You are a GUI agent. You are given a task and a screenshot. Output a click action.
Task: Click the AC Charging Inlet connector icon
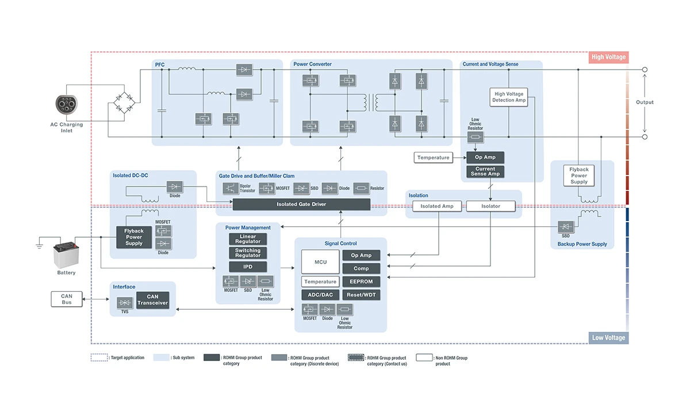[68, 105]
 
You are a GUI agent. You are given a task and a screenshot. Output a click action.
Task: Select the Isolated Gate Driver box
[301, 205]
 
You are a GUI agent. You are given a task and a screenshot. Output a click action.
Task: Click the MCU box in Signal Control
[320, 262]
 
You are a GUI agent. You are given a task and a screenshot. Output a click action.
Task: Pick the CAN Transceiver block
[152, 300]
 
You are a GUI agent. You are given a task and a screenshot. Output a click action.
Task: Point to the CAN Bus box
[67, 299]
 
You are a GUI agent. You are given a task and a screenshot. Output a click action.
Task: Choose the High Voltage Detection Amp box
[509, 97]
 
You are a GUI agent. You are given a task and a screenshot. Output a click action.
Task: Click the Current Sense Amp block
[485, 172]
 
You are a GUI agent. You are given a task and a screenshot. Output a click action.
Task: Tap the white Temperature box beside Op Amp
[434, 157]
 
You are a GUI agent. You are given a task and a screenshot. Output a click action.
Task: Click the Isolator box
[490, 206]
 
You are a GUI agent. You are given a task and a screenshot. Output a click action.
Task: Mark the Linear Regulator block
[248, 239]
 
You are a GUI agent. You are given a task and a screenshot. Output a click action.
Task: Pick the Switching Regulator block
[248, 253]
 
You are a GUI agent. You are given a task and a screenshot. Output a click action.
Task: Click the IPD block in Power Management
[248, 267]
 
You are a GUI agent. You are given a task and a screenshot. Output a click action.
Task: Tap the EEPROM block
[361, 282]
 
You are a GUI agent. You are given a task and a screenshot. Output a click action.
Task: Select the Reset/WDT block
[361, 295]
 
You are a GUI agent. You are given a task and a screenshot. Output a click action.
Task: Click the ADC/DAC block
[320, 295]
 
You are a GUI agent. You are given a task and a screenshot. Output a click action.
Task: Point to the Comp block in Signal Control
[361, 268]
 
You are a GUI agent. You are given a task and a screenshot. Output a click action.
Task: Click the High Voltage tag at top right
[608, 57]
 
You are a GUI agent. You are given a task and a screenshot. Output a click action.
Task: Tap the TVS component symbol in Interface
[125, 302]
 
